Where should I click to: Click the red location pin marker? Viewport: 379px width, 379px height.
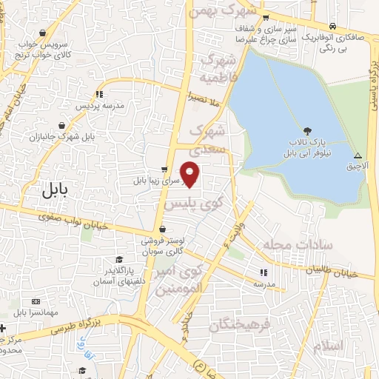191,173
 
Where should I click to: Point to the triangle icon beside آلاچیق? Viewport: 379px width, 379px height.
358,156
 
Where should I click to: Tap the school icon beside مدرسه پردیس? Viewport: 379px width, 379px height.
99,94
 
